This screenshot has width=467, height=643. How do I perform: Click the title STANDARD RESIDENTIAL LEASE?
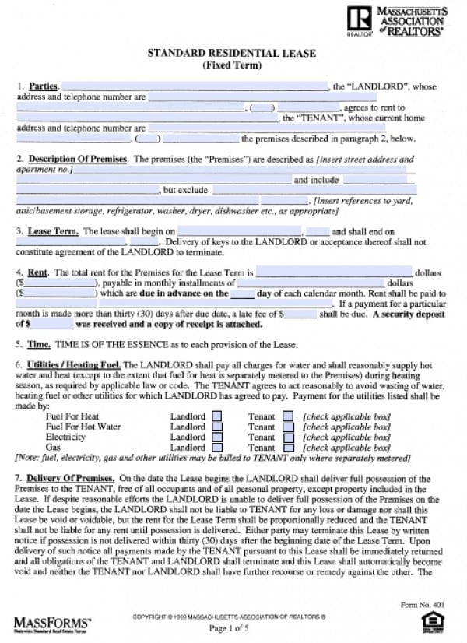coord(232,53)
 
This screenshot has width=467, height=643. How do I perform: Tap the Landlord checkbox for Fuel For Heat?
coord(217,416)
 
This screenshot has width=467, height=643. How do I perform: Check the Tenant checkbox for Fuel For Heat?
coord(288,416)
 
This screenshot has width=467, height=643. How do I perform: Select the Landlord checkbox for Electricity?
coord(217,437)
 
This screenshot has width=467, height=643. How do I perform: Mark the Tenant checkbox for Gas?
coord(288,448)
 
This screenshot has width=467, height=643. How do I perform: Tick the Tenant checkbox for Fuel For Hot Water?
coord(288,427)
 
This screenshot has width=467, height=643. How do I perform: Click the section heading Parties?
coord(43,86)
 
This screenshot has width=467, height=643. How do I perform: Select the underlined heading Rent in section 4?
coord(38,273)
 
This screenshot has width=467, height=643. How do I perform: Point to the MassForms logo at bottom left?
coord(52,622)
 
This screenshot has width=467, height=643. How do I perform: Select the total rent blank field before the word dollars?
coord(334,273)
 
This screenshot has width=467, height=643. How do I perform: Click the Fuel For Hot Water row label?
coord(83,427)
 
